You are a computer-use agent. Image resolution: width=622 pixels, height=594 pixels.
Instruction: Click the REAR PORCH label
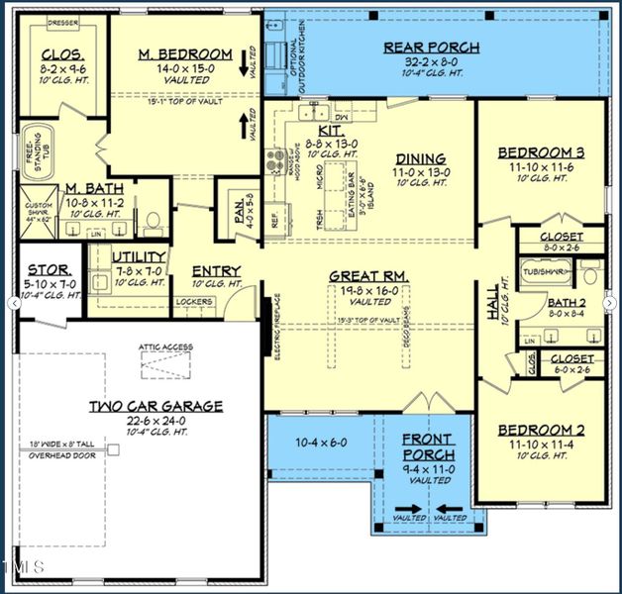[x=431, y=47]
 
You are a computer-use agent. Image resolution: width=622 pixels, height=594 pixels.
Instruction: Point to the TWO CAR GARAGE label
[x=155, y=406]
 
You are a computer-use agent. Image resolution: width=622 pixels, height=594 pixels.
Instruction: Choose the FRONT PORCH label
[x=428, y=447]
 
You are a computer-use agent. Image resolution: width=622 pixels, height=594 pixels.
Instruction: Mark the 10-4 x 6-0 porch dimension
[x=322, y=443]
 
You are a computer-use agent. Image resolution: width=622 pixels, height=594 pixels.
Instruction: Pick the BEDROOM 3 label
[x=541, y=152]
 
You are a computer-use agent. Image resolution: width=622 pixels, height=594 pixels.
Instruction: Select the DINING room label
[x=421, y=158]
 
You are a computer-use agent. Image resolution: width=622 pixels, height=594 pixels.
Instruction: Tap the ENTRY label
[x=216, y=271]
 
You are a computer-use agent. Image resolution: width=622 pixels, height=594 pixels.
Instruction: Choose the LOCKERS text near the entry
[x=195, y=301]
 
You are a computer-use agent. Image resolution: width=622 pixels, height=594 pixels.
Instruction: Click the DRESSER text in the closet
[x=62, y=23]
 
